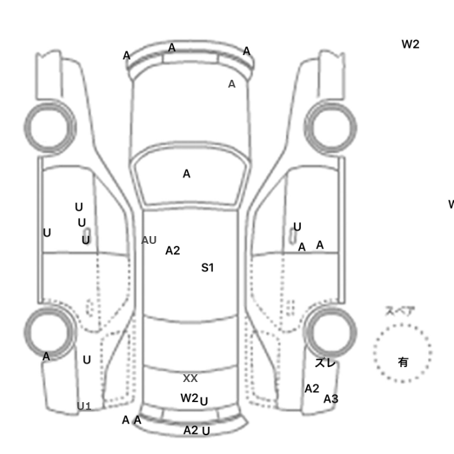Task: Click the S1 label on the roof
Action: (208, 267)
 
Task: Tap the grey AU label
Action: (149, 240)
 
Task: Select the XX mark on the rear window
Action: (190, 378)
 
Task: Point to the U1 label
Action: (84, 407)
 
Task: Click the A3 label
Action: (331, 399)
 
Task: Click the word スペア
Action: (400, 311)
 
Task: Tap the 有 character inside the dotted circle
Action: (403, 362)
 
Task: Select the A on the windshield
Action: (187, 174)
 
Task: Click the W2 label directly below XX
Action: (189, 398)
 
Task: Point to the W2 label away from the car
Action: (411, 44)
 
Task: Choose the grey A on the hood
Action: (232, 84)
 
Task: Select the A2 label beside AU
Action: (173, 250)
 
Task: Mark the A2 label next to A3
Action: (312, 388)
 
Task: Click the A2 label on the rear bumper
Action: (191, 430)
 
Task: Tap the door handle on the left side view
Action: (87, 236)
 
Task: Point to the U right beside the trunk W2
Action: (204, 401)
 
